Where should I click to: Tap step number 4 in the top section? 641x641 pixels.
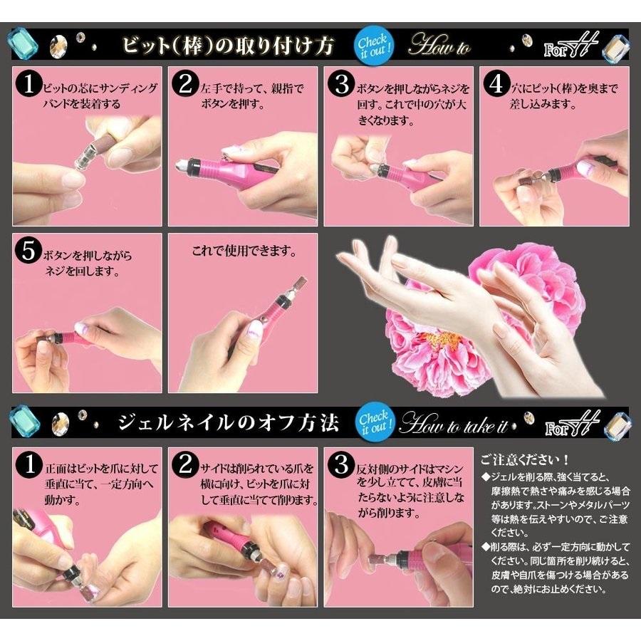point(496,84)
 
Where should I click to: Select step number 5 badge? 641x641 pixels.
point(28,251)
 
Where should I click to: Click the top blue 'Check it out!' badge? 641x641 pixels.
point(374,46)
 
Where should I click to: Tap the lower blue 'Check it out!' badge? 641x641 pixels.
point(375,422)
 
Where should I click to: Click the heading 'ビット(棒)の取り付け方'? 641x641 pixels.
point(228,46)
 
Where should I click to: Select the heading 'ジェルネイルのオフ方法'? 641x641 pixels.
point(228,422)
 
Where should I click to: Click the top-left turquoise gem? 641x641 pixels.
point(23,44)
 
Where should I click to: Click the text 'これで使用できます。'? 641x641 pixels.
point(244,250)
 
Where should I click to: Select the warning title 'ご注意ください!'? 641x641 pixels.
point(525,459)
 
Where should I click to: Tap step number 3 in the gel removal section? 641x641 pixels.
point(341,465)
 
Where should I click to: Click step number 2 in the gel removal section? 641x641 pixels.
point(185,465)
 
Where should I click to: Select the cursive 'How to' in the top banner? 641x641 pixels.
point(440,45)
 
